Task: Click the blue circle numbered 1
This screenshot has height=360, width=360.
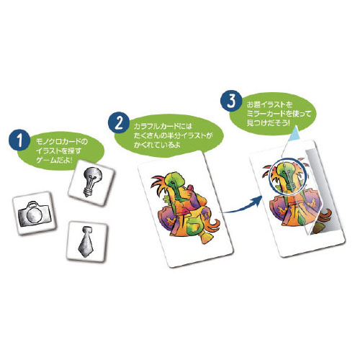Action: (x=19, y=140)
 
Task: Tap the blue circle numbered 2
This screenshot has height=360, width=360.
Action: (x=120, y=123)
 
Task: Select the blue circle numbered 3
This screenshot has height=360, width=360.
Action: (x=231, y=101)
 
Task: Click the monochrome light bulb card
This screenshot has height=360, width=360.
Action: (x=92, y=182)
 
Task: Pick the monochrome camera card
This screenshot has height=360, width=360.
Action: (x=35, y=213)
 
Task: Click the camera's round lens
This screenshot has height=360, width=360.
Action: (x=33, y=215)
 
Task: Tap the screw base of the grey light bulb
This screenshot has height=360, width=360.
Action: (x=88, y=192)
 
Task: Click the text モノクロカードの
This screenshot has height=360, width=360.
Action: (x=62, y=141)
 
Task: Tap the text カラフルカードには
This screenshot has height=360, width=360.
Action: (x=163, y=126)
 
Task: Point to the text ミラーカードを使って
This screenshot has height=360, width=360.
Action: (x=279, y=113)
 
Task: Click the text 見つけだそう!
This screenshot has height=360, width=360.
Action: (x=269, y=122)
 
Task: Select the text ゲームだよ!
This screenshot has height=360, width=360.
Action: (x=54, y=160)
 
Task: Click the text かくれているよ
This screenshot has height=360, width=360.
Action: (x=157, y=145)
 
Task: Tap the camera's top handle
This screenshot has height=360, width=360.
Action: (x=33, y=204)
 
